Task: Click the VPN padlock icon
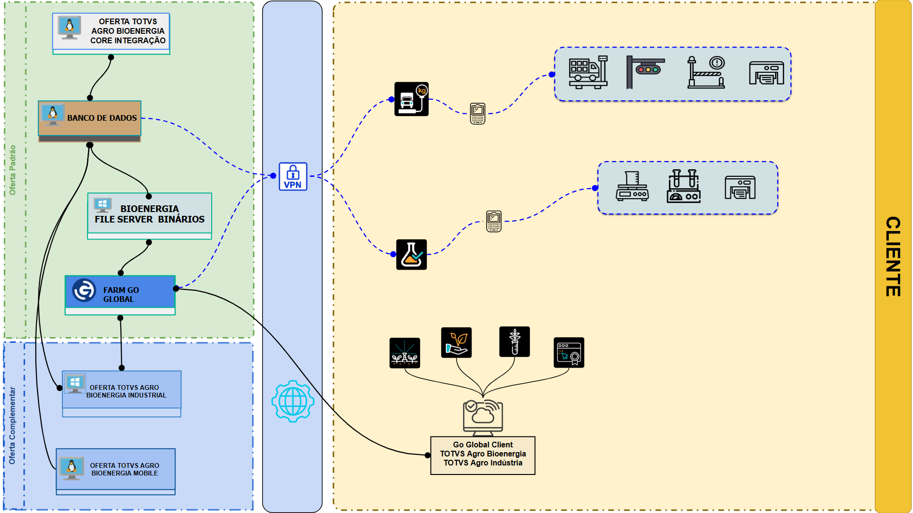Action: [293, 176]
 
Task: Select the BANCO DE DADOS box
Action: [90, 118]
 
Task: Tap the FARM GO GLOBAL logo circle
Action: [84, 290]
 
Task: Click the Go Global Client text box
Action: [482, 455]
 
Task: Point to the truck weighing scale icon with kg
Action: [412, 99]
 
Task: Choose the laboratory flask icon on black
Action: [412, 254]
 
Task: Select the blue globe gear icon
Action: [293, 401]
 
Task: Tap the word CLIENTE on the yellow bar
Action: [893, 256]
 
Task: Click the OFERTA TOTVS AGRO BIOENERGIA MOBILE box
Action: [116, 469]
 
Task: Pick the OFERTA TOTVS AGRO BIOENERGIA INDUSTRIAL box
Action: [122, 391]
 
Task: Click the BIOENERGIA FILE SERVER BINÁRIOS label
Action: [149, 214]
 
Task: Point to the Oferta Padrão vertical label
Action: [13, 170]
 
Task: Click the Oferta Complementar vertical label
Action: [12, 426]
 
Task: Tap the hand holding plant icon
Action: [456, 342]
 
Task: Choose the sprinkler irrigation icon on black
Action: [404, 353]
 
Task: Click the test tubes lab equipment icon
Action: [684, 186]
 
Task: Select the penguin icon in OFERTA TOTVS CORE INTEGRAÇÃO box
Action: [69, 27]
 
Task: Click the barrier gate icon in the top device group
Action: [706, 72]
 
